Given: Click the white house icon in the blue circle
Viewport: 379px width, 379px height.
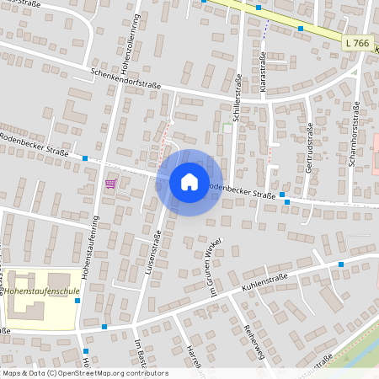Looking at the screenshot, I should point(189,182).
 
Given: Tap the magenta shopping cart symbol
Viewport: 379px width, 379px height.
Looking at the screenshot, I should point(110,183).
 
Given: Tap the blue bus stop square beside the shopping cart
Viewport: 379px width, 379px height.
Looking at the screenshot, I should point(85,157).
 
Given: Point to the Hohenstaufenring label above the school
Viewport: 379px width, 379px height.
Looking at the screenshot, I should point(93,232).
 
